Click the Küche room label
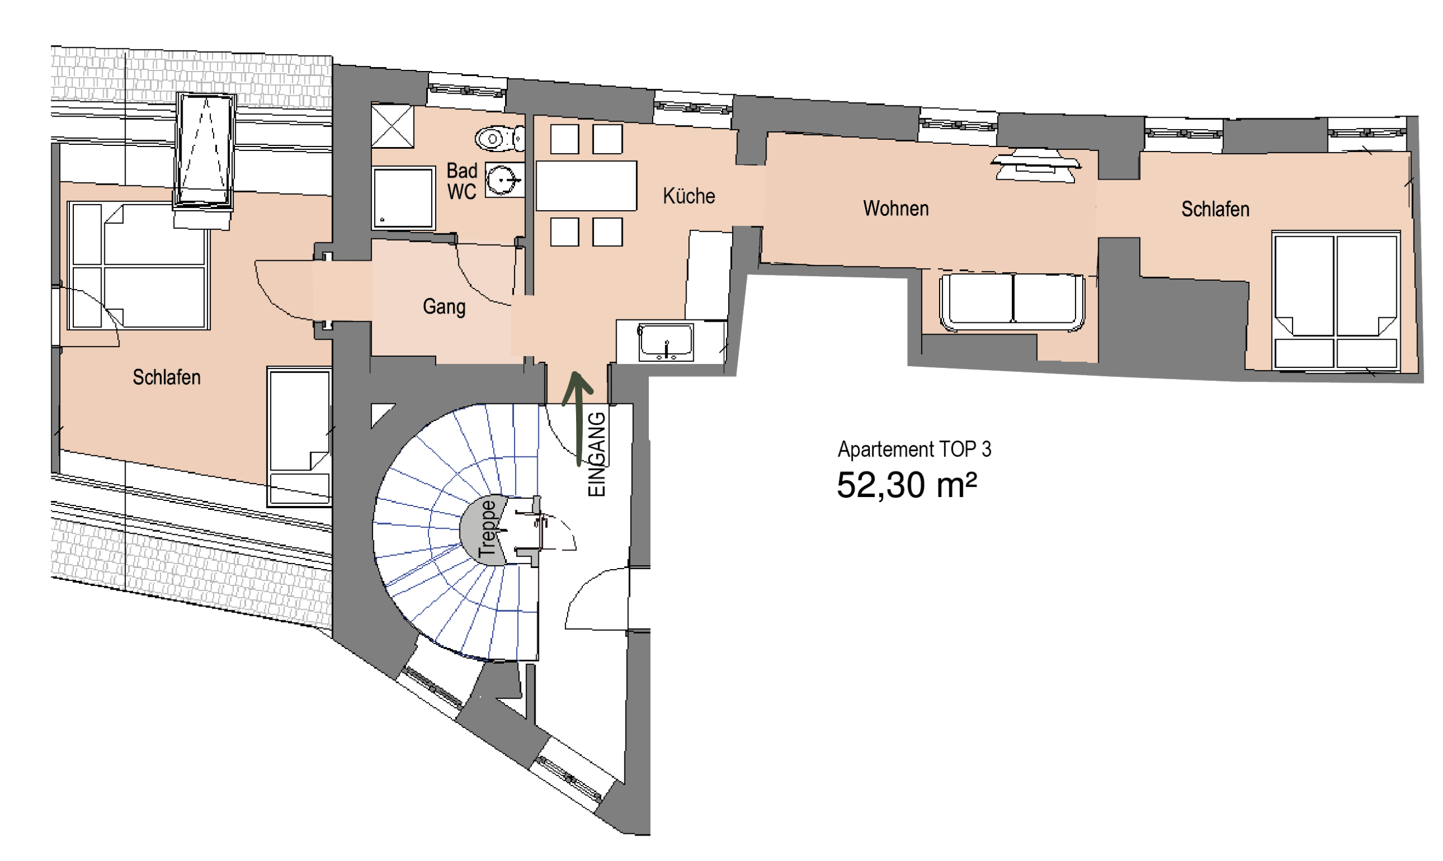click(689, 196)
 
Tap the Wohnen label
click(896, 208)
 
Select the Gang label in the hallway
click(444, 307)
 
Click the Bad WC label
click(462, 181)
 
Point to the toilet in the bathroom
click(499, 139)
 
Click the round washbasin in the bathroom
click(502, 180)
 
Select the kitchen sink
click(666, 342)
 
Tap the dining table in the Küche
click(586, 185)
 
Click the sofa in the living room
click(1012, 302)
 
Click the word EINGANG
click(597, 454)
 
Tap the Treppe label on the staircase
click(488, 528)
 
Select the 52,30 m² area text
click(906, 485)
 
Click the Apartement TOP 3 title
click(914, 449)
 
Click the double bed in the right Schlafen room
click(1336, 300)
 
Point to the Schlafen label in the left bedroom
click(166, 377)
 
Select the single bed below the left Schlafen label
click(299, 436)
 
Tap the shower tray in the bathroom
click(403, 198)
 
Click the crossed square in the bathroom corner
click(392, 125)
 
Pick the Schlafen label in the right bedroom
click(1215, 209)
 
